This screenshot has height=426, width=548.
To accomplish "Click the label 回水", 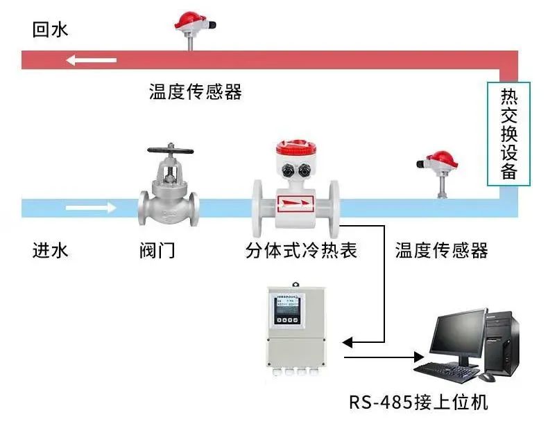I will click(51, 30).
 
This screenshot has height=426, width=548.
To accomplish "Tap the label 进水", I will click(51, 250).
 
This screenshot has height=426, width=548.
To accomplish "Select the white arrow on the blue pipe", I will click(92, 206).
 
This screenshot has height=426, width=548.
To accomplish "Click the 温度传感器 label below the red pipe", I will click(196, 92).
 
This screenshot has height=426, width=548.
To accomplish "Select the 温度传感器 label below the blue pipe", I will click(441, 250).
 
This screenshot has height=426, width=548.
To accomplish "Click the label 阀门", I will click(157, 250).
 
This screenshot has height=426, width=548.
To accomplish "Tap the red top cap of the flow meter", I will click(297, 148).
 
